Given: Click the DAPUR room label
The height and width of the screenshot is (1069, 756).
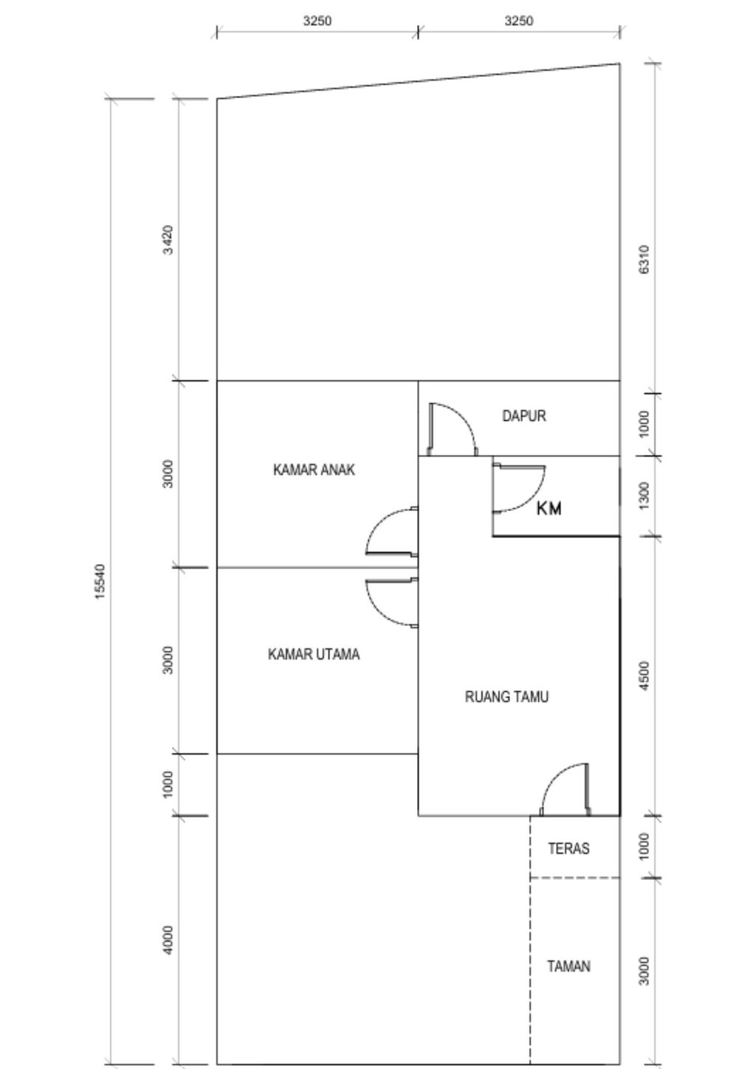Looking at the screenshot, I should [x=524, y=416].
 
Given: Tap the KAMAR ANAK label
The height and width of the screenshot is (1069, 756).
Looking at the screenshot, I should [x=314, y=470].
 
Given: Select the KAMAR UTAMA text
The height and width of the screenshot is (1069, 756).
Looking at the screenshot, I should [x=314, y=654].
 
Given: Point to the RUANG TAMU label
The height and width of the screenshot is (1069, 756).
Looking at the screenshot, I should [x=506, y=697].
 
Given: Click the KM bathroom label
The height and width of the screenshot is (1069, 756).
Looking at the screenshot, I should [x=549, y=509].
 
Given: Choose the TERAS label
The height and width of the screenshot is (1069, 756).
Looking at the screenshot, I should [x=568, y=848].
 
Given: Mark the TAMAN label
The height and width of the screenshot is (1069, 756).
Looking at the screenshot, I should [x=568, y=966].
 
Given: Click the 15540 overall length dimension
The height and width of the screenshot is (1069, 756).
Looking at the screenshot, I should [x=100, y=582].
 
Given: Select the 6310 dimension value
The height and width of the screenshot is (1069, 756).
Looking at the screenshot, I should [x=645, y=260].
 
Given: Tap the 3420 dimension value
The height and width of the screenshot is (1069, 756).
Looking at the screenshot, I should [x=168, y=240].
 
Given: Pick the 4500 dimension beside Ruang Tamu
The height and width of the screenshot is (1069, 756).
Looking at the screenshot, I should [x=645, y=676].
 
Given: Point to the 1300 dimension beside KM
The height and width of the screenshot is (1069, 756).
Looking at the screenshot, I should [x=645, y=495].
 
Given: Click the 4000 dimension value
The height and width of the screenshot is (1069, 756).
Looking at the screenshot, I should [x=168, y=940].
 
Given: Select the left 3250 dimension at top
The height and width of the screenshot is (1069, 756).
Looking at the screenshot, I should [x=317, y=21].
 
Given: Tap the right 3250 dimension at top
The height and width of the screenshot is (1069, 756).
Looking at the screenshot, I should [x=518, y=21].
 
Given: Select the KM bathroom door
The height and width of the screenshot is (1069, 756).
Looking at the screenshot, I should [x=519, y=487].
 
